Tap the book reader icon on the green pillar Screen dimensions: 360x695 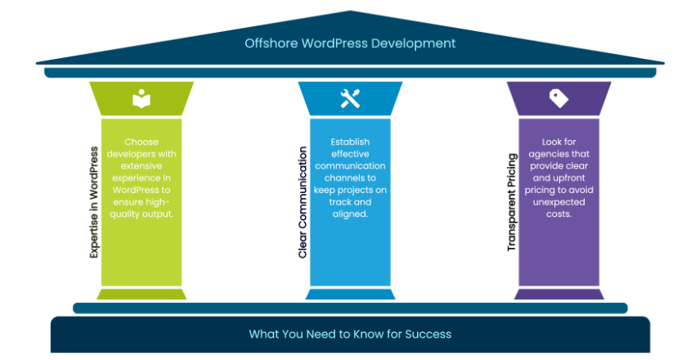coord(141,99)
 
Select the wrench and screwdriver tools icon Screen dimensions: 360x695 coord(350,99)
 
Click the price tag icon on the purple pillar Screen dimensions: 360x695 coord(558,99)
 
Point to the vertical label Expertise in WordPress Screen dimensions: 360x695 coord(94,203)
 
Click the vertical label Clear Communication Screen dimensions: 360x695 coord(303,203)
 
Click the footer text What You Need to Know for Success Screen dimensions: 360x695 coord(350,334)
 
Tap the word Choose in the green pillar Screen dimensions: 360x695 coord(141,142)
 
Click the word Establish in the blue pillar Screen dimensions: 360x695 coord(350,142)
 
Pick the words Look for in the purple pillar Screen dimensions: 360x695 coord(558,142)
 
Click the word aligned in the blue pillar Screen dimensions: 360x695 coord(350,214)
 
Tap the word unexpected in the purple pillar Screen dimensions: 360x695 coord(558,202)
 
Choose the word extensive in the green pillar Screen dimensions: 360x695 coord(141,166)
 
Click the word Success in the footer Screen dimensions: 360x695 coord(430,334)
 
